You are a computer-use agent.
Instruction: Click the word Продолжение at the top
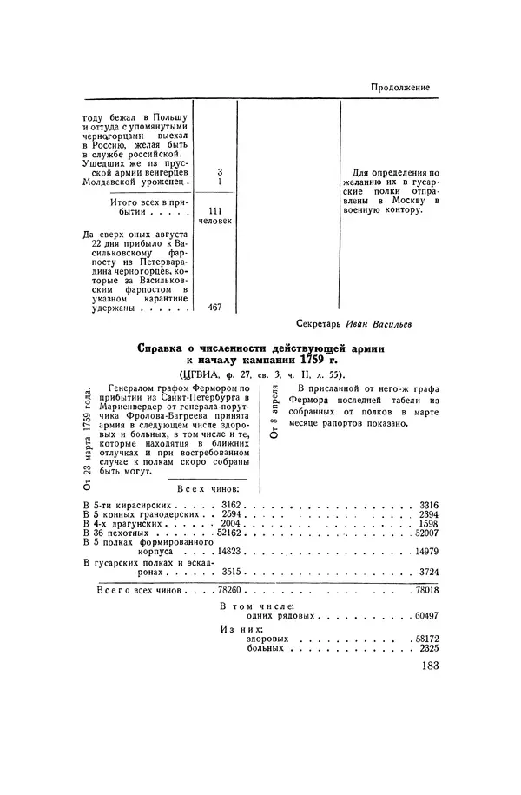pyautogui.click(x=400, y=87)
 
